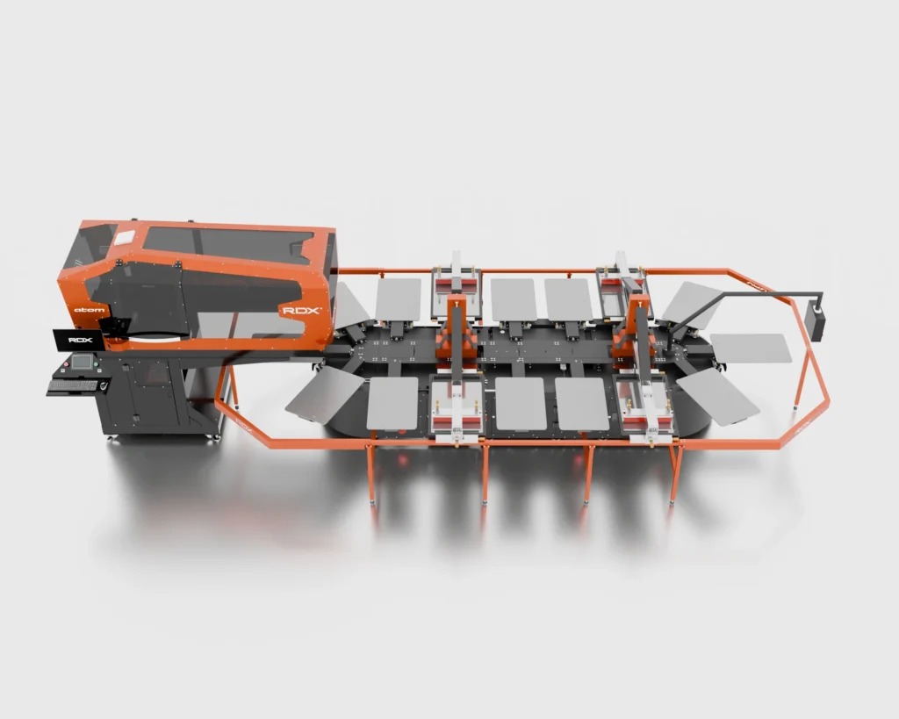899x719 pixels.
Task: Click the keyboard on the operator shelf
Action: click(x=72, y=385)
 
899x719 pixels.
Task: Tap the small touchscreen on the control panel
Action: click(x=82, y=363)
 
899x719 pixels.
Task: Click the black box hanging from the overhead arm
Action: click(x=816, y=320)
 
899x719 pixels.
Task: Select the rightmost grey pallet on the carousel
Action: click(x=751, y=348)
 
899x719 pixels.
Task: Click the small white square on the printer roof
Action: click(x=125, y=237)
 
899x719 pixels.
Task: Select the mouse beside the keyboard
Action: click(x=104, y=384)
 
